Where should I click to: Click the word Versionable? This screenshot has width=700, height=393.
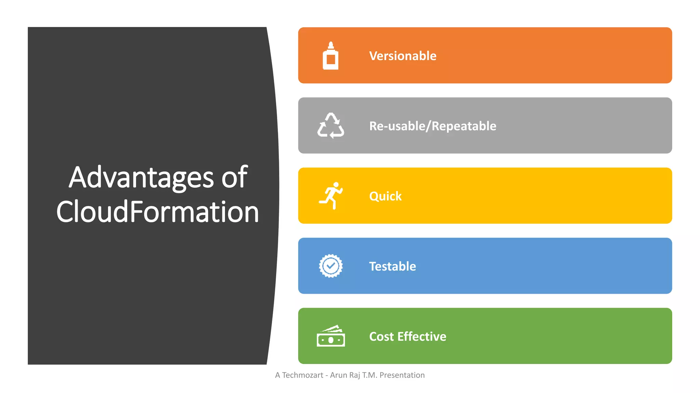pyautogui.click(x=403, y=56)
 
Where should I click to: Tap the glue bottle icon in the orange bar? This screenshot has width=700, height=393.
pyautogui.click(x=331, y=56)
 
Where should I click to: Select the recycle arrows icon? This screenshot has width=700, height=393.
pyautogui.click(x=331, y=126)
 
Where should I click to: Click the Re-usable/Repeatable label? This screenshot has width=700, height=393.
pyautogui.click(x=432, y=126)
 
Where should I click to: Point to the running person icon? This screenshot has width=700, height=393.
pyautogui.click(x=331, y=195)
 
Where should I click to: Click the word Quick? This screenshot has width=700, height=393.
pyautogui.click(x=385, y=196)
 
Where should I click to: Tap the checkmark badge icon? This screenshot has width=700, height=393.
pyautogui.click(x=331, y=266)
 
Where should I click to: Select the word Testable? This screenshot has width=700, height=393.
pyautogui.click(x=392, y=266)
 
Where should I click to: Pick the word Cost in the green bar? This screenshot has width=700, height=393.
pyautogui.click(x=381, y=337)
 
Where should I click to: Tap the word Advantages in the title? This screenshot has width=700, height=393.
pyautogui.click(x=141, y=177)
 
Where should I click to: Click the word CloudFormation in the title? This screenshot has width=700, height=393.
pyautogui.click(x=158, y=212)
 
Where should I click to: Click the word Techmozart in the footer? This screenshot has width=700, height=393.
pyautogui.click(x=302, y=375)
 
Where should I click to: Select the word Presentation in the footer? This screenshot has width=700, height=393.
pyautogui.click(x=402, y=375)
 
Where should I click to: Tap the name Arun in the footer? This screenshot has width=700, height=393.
pyautogui.click(x=338, y=375)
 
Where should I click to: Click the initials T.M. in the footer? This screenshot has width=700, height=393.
pyautogui.click(x=370, y=375)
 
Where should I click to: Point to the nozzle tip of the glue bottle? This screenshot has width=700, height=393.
pyautogui.click(x=331, y=43)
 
